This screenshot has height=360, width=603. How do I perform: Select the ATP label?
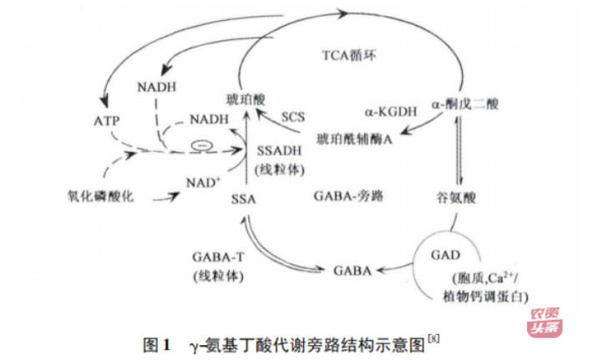107,119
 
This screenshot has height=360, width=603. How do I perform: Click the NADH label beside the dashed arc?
208,119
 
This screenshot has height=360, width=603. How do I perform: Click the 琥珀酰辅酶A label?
356,136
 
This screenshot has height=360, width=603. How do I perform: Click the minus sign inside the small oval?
200,147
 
